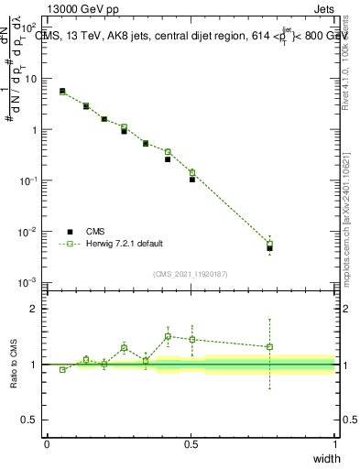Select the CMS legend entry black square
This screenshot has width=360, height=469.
point(70,232)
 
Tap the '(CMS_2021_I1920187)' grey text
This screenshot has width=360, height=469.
point(190,273)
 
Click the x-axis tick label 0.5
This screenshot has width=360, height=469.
point(191,443)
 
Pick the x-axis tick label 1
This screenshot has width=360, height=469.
point(334,443)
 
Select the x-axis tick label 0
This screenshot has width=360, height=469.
point(47,443)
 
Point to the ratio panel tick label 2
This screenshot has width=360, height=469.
point(34,309)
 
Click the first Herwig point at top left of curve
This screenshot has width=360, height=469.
point(62,92)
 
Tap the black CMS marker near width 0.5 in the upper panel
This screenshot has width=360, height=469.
point(192,180)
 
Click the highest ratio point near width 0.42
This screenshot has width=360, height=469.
point(168,336)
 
